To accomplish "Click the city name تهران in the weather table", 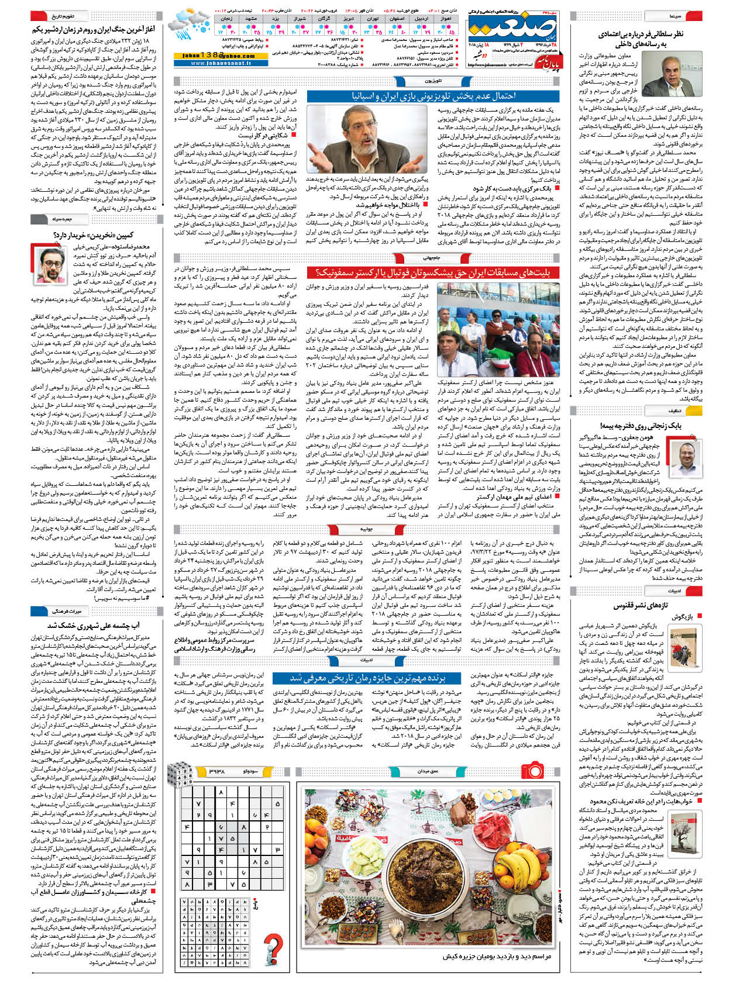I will (x=372, y=19).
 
